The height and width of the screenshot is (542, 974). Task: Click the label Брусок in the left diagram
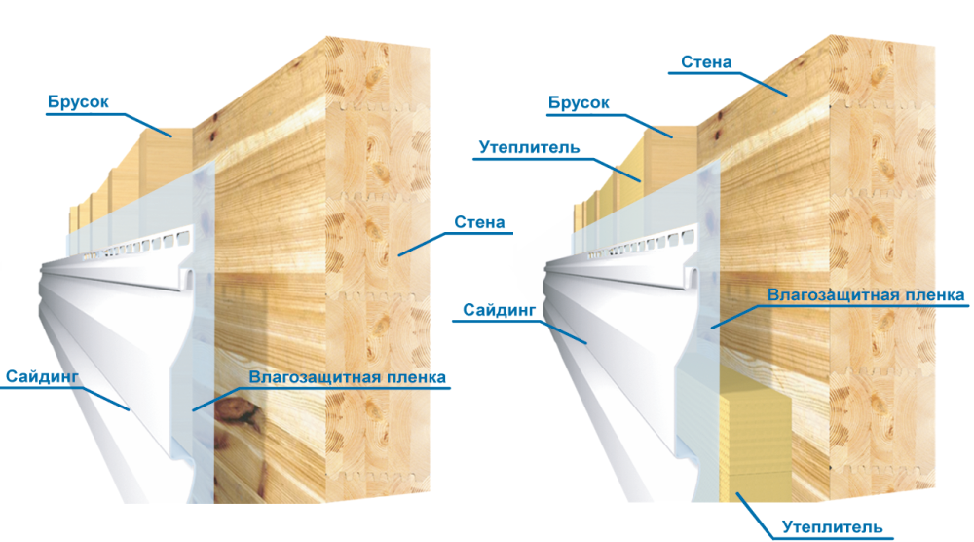78,102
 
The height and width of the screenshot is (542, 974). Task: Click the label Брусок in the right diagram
579,102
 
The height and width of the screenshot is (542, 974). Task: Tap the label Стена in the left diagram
479,222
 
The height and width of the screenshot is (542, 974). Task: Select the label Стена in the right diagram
706,62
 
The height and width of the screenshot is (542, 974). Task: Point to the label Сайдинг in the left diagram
42,376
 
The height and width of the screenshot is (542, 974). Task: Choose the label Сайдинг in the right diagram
499,310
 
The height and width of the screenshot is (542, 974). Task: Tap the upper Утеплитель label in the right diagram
529,148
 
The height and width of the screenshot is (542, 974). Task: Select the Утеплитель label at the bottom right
833,527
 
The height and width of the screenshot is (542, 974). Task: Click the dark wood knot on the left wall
234,409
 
